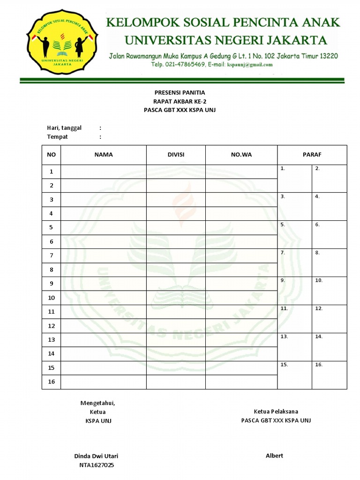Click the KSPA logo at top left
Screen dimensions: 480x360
coord(62,43)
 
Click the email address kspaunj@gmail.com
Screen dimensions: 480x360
coord(250,65)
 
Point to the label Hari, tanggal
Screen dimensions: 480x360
coord(64,128)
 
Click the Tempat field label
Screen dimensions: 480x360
coord(57,137)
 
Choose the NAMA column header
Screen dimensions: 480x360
coord(104,155)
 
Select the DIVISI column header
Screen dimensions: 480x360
coord(176,155)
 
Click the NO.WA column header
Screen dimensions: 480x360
coord(241,155)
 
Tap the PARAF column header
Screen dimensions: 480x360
coord(312,155)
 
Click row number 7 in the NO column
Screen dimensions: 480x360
coord(52,255)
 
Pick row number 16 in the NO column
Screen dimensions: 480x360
coord(52,382)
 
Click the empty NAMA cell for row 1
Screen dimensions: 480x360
coord(104,172)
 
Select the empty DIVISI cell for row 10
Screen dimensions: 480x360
coord(176,298)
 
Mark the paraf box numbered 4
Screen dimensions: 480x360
coord(329,206)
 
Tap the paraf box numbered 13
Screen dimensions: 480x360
coord(294,347)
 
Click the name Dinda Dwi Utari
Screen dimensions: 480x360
coord(96,456)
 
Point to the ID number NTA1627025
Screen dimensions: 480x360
coord(96,465)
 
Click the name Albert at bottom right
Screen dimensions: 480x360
coord(274,456)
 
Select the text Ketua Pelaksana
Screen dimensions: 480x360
coord(276,412)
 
